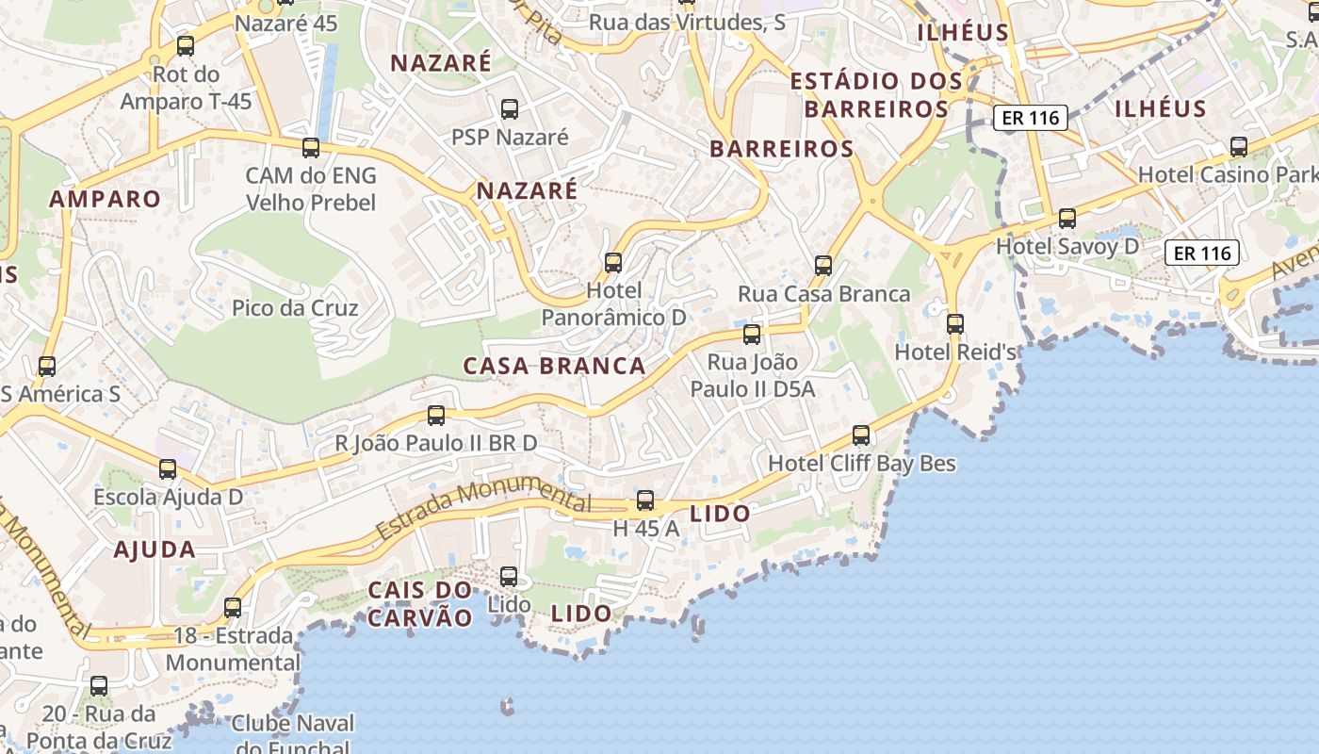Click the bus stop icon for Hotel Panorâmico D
click(613, 263)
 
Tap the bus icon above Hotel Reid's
click(955, 324)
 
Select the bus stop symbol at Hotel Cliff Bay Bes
click(861, 435)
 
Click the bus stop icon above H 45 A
click(645, 500)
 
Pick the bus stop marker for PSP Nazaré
click(510, 109)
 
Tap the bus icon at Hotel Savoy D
click(1067, 219)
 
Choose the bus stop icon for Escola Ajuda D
click(168, 468)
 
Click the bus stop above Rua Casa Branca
click(823, 266)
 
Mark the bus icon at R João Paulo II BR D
click(436, 415)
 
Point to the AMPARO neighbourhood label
click(105, 199)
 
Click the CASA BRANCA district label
click(554, 367)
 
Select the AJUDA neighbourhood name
click(155, 549)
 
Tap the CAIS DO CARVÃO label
click(420, 604)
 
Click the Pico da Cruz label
click(295, 308)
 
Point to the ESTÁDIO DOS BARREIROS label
click(876, 95)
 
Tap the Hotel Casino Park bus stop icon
click(1239, 147)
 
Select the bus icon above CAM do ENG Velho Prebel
click(311, 148)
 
